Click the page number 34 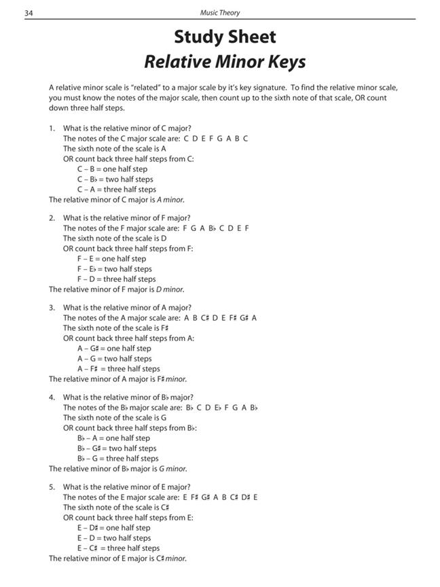point(29,12)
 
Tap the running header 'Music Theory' point(219,12)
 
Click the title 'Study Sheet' point(224,37)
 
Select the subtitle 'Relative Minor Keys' point(225,62)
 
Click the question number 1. point(52,128)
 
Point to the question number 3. point(52,307)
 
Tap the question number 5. point(52,486)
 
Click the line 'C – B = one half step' point(112,169)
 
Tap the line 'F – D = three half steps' point(116,279)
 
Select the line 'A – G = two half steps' point(114,359)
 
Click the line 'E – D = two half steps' point(114,538)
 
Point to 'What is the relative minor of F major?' point(127,217)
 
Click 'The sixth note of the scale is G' point(115,418)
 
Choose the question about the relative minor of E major point(127,486)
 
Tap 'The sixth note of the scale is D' point(115,238)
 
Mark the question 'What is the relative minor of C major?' point(127,128)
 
